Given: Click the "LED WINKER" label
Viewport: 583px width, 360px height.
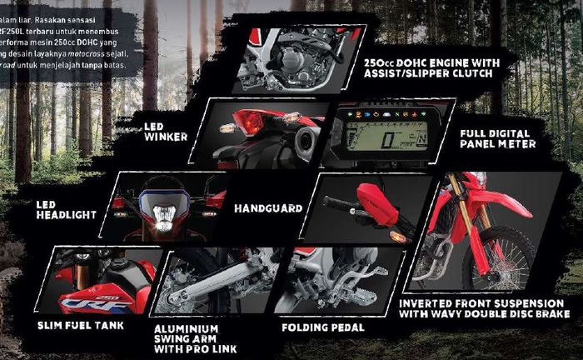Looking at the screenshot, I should point(165,131).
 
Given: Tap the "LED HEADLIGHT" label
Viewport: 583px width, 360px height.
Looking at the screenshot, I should point(66,209).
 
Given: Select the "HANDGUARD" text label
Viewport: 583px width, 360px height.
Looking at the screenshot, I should point(267,208).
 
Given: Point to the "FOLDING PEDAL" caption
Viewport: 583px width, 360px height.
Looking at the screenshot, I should point(323,327).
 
